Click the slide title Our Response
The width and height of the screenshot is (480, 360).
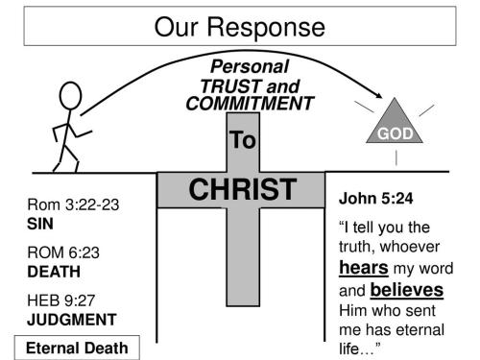(x=239, y=26)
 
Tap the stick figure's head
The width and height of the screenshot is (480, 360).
(x=71, y=96)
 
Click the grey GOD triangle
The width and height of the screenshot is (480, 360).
(x=394, y=126)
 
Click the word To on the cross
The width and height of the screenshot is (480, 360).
(x=243, y=141)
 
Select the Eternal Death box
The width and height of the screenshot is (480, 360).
(x=76, y=348)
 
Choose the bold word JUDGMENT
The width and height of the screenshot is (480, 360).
(x=72, y=319)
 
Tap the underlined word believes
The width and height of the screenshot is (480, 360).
(x=407, y=289)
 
